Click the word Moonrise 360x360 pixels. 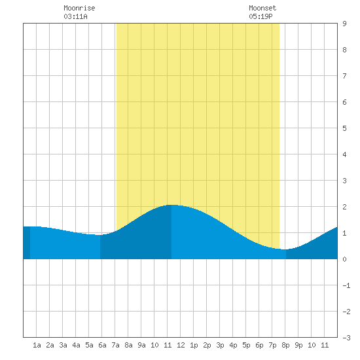[x=79, y=8]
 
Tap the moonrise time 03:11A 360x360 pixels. [x=75, y=16]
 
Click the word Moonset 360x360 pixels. [x=262, y=8]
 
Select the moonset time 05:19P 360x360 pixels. [x=261, y=16]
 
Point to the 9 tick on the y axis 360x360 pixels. [x=344, y=24]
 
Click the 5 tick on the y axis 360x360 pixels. [x=344, y=128]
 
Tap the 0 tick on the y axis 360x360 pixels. [x=344, y=259]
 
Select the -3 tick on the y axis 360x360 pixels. [x=346, y=338]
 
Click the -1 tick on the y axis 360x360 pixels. [x=346, y=285]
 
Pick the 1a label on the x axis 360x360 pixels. [x=37, y=345]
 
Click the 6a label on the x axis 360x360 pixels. [x=102, y=345]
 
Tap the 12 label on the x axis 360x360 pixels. [x=181, y=345]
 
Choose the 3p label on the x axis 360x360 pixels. [x=220, y=345]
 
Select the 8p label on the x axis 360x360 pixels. [x=285, y=345]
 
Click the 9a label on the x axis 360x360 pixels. [x=141, y=345]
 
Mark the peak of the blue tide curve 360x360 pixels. [x=171, y=205]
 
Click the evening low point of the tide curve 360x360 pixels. [x=285, y=249]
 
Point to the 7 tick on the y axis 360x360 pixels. [x=344, y=76]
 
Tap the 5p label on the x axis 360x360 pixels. [x=246, y=345]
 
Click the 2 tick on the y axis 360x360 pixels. [x=344, y=207]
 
